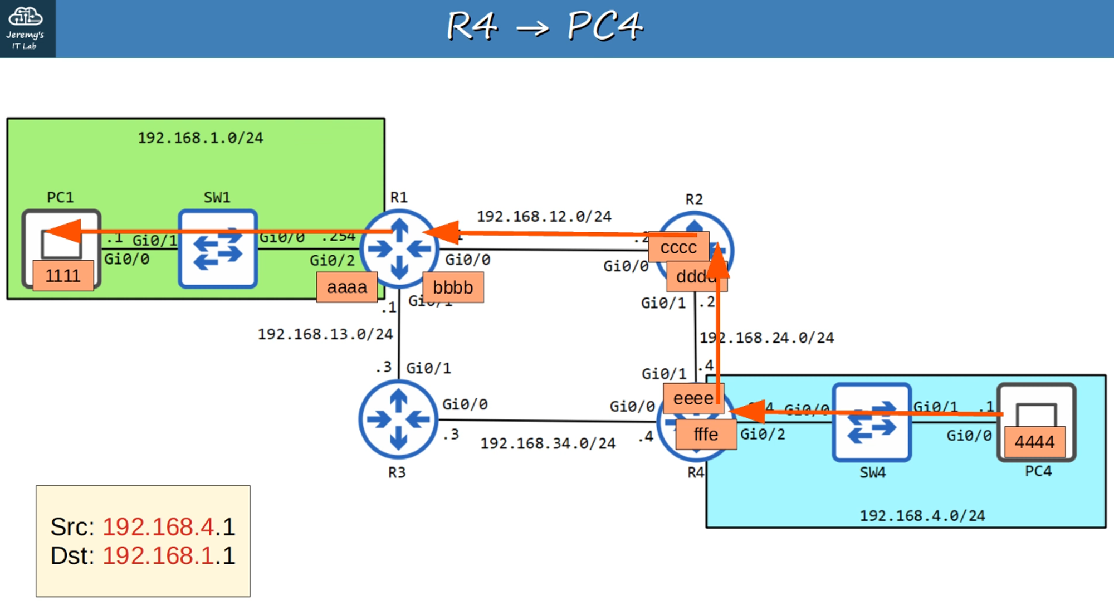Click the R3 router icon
(x=398, y=419)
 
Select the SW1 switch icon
(x=218, y=249)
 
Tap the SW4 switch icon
(x=872, y=422)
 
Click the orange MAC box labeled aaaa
(x=346, y=287)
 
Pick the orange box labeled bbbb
(x=453, y=287)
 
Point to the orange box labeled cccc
(x=678, y=247)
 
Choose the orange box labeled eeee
(x=693, y=398)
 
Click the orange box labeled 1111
(x=63, y=276)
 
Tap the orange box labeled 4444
(x=1034, y=442)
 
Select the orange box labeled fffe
(x=706, y=435)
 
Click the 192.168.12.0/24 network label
(x=544, y=216)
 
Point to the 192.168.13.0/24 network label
(x=325, y=334)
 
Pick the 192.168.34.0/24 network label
(x=548, y=443)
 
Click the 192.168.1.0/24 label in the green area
(x=201, y=138)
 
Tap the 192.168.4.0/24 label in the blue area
(x=922, y=516)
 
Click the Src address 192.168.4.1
(x=169, y=527)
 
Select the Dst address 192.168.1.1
(x=169, y=556)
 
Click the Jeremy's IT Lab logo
(x=26, y=28)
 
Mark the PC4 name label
(x=1038, y=471)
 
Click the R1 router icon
(x=399, y=249)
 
